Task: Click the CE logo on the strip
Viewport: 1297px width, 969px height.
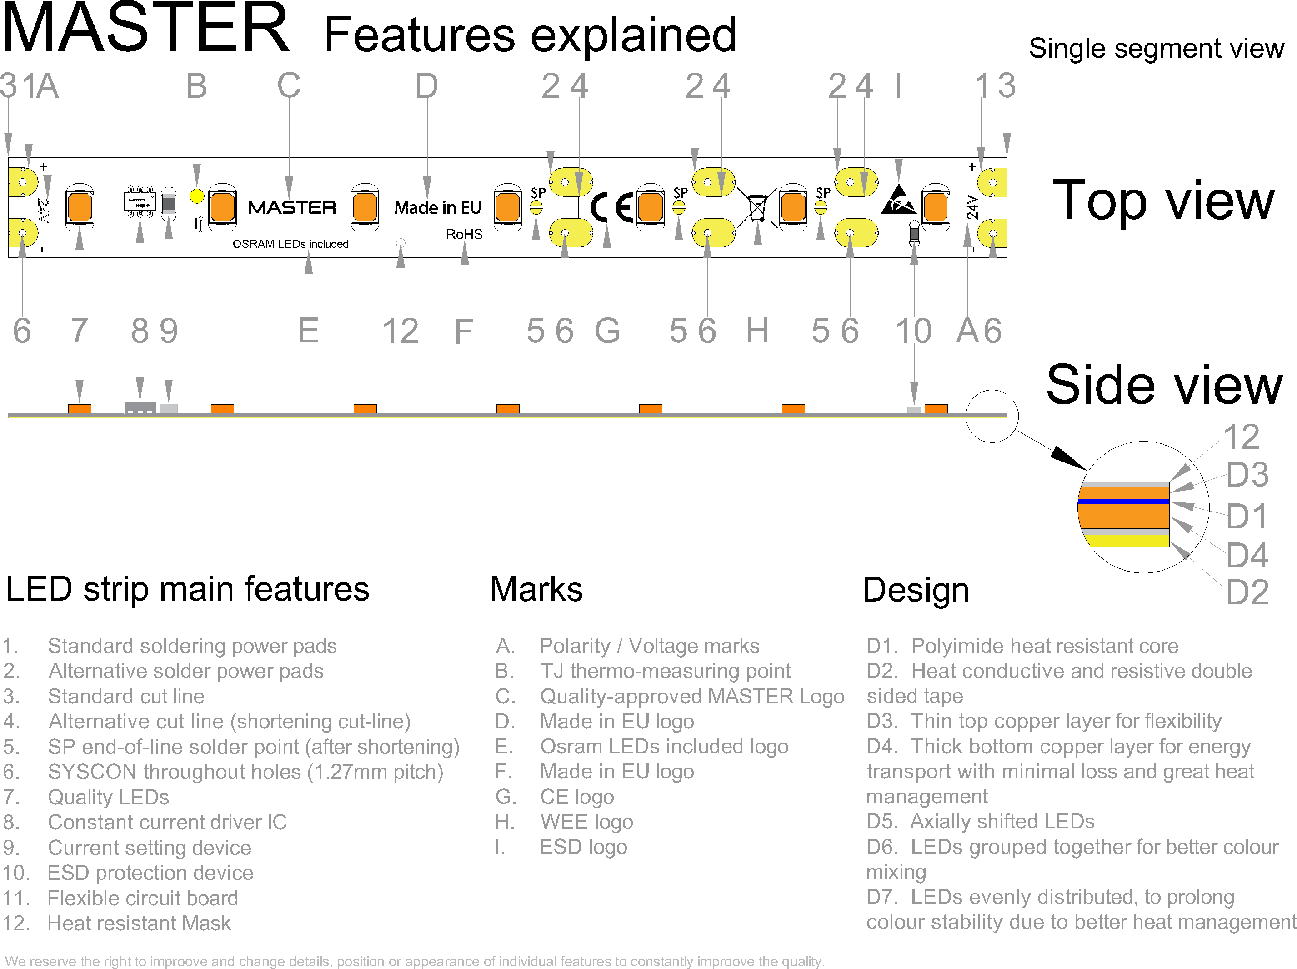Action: point(611,208)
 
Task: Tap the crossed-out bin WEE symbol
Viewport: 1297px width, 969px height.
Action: point(757,207)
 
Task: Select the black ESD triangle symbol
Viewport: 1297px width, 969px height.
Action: point(898,200)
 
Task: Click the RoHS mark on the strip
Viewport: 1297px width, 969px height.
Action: point(464,235)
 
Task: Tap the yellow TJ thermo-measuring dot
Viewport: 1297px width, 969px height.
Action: point(197,196)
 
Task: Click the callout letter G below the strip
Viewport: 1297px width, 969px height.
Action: point(607,331)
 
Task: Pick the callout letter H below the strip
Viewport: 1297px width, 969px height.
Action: point(757,331)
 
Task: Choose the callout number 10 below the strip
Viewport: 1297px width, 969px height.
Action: point(913,331)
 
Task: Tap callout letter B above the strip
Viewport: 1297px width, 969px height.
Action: point(196,86)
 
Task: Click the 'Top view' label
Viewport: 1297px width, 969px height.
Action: point(1163,201)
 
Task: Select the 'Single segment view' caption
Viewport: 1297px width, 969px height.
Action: point(1156,49)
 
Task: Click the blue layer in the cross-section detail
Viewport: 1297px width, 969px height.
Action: point(1123,502)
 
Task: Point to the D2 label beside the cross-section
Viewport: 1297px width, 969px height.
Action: point(1247,592)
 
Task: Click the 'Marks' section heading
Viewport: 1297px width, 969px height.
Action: point(536,589)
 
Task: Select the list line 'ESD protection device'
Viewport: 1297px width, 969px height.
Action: point(150,873)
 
